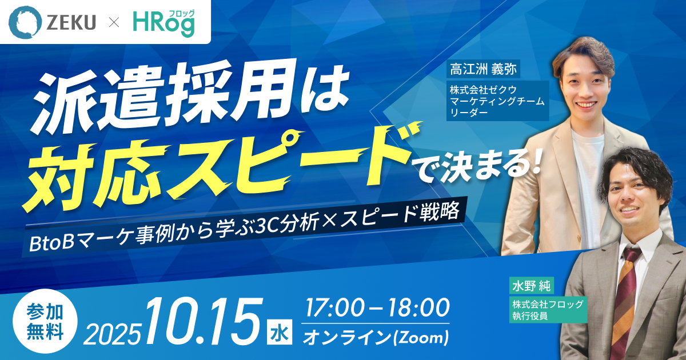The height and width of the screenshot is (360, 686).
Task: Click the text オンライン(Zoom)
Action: click(x=376, y=337)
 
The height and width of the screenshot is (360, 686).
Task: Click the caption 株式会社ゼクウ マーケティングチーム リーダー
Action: click(x=497, y=101)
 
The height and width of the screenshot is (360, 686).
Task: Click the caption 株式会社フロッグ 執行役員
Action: click(x=548, y=309)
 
